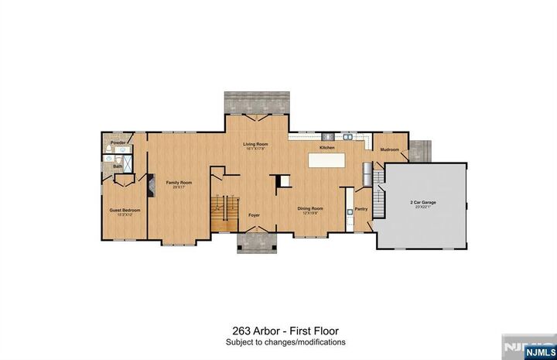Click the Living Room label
point(255,145)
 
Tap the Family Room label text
point(179,183)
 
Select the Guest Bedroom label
point(125,211)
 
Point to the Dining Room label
point(311,208)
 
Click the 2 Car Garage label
point(422,204)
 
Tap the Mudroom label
point(389,149)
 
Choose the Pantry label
point(361,209)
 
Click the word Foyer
point(254,214)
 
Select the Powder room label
point(118,143)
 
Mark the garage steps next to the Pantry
point(378,197)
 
